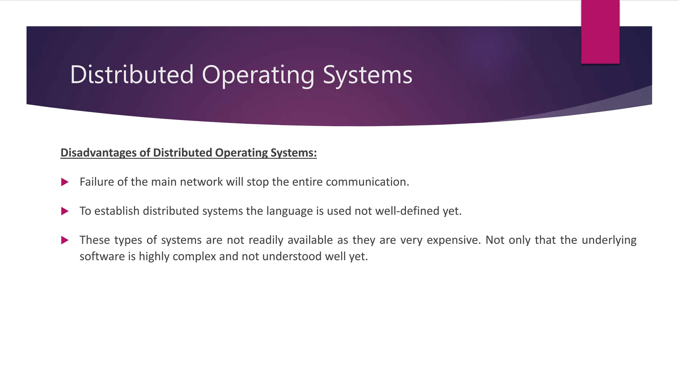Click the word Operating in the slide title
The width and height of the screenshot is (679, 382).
[258, 75]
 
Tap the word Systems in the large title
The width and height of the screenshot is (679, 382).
[367, 75]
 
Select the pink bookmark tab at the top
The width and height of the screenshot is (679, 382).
[600, 32]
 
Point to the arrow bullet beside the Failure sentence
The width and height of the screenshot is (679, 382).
[65, 182]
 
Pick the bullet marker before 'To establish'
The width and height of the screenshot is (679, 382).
[65, 211]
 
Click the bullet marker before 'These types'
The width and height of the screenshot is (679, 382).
[65, 240]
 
